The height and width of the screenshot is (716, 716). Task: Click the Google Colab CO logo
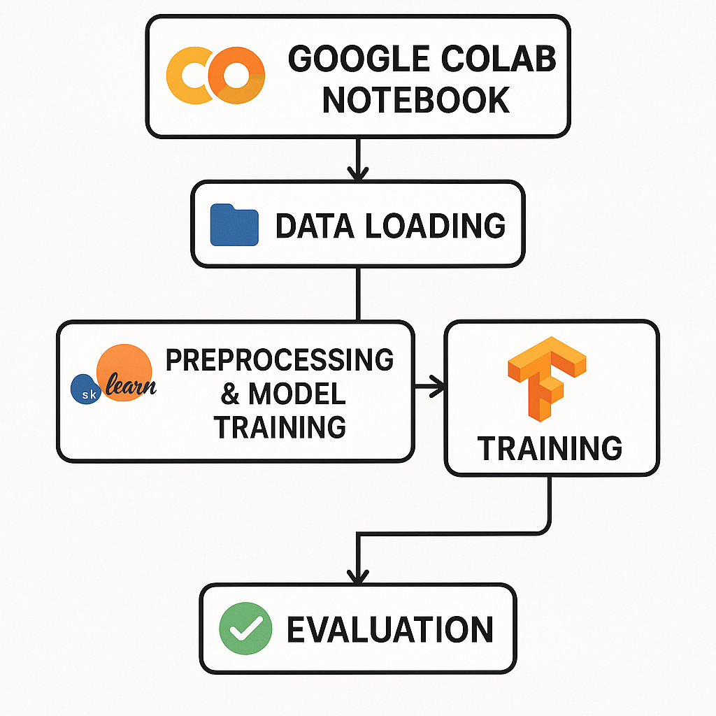pyautogui.click(x=216, y=76)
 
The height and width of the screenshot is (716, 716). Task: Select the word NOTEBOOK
pyautogui.click(x=415, y=100)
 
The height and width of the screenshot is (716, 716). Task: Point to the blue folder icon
pyautogui.click(x=234, y=224)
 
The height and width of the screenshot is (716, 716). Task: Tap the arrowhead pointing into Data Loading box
pyautogui.click(x=357, y=172)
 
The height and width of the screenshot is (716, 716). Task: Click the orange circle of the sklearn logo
pyautogui.click(x=124, y=371)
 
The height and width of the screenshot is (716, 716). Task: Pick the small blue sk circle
pyautogui.click(x=88, y=389)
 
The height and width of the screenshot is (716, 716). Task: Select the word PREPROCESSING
pyautogui.click(x=279, y=360)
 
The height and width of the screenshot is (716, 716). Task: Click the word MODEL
pyautogui.click(x=296, y=394)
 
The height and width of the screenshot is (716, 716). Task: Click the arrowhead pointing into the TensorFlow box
pyautogui.click(x=438, y=384)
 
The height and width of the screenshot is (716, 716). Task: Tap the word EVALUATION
pyautogui.click(x=390, y=629)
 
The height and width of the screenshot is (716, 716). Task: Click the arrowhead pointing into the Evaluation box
pyautogui.click(x=357, y=577)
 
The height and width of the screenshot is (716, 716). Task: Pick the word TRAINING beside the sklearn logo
pyautogui.click(x=280, y=426)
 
